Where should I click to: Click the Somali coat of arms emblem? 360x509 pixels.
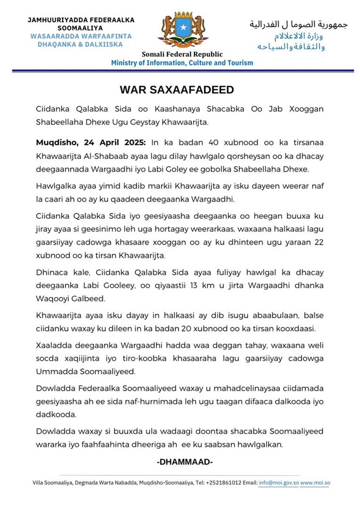point(182,30)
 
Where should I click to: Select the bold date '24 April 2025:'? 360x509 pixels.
point(115,142)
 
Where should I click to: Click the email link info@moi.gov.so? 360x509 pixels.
point(279,483)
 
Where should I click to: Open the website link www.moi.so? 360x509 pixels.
point(315,483)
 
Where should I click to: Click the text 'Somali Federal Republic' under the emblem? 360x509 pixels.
point(182,54)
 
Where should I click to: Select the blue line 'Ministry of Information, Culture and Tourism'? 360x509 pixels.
point(182,63)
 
